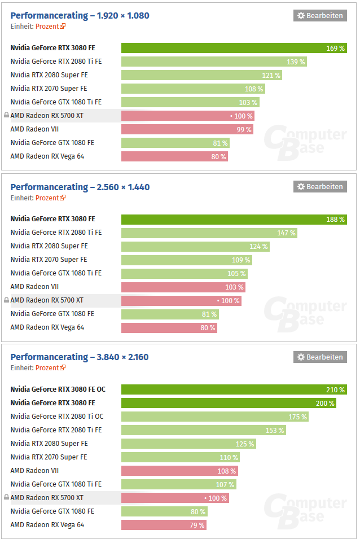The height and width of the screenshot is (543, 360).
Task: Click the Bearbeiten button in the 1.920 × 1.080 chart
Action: [319, 16]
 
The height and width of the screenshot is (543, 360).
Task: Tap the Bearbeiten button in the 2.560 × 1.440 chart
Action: [319, 187]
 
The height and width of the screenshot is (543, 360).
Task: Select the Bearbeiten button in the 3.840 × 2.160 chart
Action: [319, 357]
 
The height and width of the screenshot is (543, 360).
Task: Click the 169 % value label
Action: [335, 49]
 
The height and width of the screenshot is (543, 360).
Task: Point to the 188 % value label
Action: [335, 220]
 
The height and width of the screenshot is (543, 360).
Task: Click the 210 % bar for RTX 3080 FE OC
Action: [234, 389]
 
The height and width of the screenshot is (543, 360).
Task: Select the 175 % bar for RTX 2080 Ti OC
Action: [214, 417]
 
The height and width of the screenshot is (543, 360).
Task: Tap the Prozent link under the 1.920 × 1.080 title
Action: [50, 26]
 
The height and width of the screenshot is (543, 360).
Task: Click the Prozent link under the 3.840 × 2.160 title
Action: [50, 367]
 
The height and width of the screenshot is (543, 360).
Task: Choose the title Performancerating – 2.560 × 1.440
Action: [80, 187]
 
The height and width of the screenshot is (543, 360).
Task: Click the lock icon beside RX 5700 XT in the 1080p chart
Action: [6, 116]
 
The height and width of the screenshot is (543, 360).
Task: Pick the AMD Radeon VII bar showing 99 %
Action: [187, 129]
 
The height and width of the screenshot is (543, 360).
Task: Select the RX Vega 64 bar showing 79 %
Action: [163, 525]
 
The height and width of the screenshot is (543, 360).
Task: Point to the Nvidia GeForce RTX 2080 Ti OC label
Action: [56, 417]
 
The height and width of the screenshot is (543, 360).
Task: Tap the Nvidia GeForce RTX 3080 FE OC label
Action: [58, 389]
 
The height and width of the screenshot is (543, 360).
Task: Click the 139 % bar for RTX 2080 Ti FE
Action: [214, 62]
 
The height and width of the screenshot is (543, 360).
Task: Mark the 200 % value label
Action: [324, 403]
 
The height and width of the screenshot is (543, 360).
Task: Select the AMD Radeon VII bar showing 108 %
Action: [179, 471]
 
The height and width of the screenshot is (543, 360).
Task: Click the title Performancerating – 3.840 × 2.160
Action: [80, 357]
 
